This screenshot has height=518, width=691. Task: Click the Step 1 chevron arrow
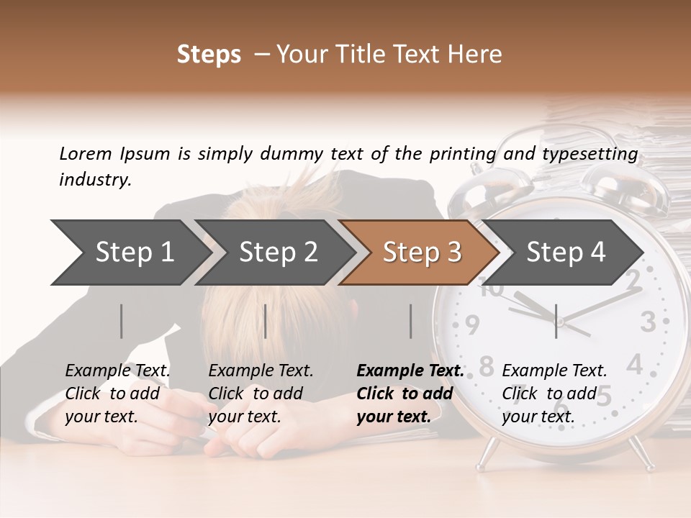click(130, 252)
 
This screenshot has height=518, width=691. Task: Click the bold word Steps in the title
click(209, 54)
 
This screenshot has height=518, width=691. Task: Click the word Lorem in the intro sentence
click(85, 153)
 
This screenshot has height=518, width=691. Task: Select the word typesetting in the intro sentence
click(597, 153)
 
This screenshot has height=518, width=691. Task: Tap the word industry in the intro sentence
click(94, 179)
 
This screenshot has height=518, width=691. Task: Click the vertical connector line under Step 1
click(122, 321)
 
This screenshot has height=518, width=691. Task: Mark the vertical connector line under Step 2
click(266, 321)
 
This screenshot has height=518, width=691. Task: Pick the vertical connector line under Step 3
click(410, 321)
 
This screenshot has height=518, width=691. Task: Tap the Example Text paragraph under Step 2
click(261, 394)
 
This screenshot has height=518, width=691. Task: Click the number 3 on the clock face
click(648, 321)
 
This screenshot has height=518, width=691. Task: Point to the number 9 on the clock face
click(471, 325)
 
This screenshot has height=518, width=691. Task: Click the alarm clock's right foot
click(638, 452)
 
